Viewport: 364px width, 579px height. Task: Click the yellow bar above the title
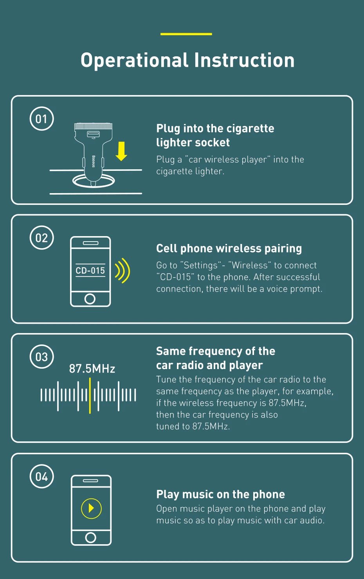186,34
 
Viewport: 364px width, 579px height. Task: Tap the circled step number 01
41,118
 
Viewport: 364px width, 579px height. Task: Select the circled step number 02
41,238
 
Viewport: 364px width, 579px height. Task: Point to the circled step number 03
41,357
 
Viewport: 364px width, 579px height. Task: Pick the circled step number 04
41,476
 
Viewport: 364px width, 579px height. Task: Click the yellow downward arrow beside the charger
121,151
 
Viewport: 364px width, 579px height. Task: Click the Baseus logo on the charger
94,161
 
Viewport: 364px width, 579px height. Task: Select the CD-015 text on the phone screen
90,271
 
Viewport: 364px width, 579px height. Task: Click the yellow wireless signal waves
123,271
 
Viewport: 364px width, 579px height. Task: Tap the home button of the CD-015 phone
90,299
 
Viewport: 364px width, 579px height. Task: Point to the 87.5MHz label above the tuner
92,369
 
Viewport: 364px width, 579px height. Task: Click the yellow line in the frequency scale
90,396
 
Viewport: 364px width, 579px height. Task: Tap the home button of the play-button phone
90,538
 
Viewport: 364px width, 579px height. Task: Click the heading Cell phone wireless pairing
229,249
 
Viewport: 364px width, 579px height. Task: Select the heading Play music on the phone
220,495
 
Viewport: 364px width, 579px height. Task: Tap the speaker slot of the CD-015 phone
90,243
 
